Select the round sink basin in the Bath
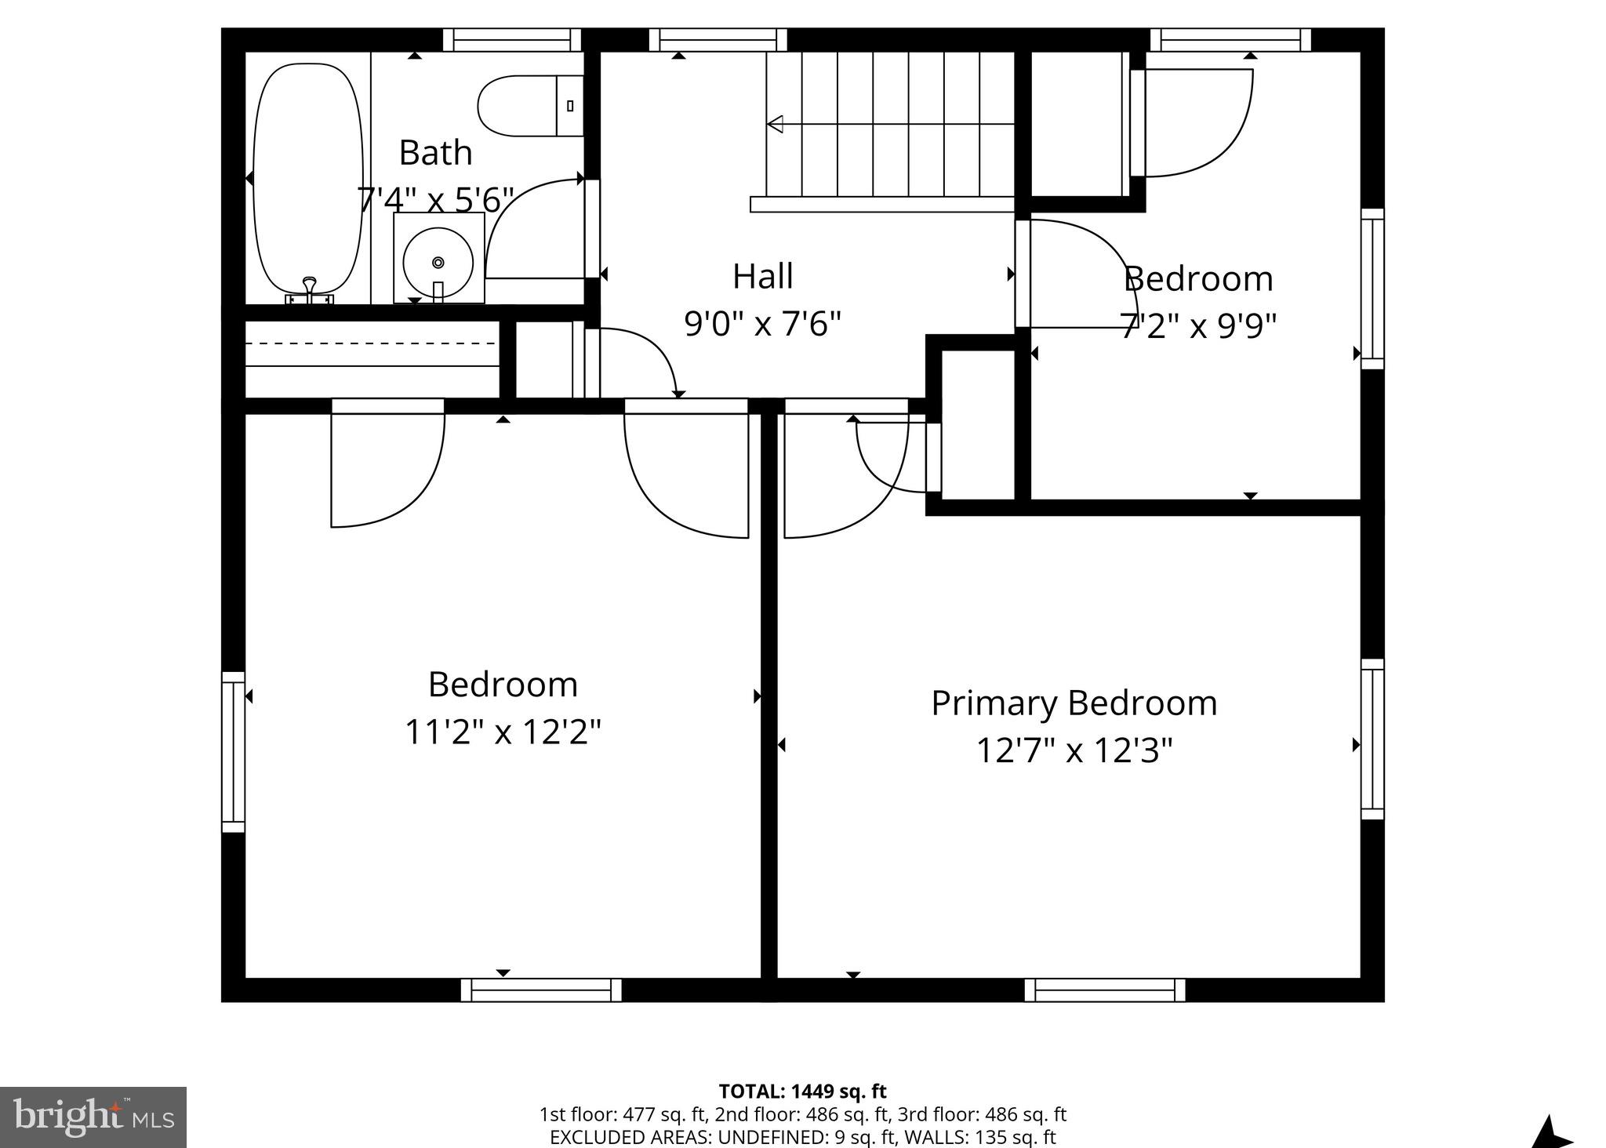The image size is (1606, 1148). [438, 262]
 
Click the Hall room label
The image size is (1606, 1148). [762, 276]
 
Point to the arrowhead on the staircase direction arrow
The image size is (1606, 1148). [775, 124]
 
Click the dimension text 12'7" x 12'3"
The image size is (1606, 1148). [1074, 750]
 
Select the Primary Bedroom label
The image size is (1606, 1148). [1074, 703]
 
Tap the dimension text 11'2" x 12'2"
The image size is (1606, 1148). [503, 732]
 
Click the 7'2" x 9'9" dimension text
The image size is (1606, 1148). [1197, 325]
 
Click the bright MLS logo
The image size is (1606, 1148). [93, 1117]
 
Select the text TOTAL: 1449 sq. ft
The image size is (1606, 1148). [802, 1091]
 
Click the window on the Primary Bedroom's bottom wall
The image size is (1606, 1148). [1104, 990]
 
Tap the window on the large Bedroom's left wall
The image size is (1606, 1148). [233, 751]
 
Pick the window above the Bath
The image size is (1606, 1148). [511, 40]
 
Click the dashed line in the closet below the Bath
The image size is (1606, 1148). [370, 343]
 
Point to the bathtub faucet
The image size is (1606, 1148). [310, 289]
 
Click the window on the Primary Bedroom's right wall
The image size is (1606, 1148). [1372, 739]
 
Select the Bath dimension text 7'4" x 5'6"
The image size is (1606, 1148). [435, 200]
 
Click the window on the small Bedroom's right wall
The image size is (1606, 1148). [1372, 288]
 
